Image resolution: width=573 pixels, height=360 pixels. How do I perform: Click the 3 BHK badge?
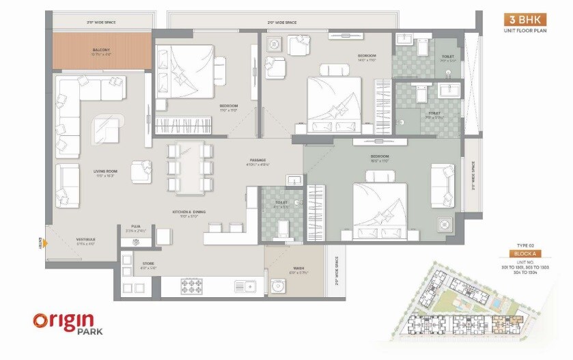tap(523, 20)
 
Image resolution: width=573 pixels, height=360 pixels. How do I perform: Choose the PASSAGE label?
tap(257, 162)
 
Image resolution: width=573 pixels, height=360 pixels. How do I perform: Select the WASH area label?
tap(298, 269)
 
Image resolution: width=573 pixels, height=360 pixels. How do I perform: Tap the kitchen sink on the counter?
tap(244, 287)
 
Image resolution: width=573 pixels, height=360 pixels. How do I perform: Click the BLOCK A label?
tap(522, 253)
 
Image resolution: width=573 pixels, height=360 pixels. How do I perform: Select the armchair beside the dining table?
tap(141, 171)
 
